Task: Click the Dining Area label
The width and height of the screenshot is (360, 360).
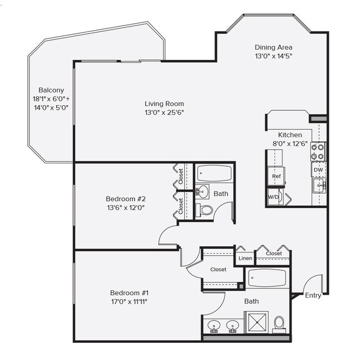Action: click(x=273, y=48)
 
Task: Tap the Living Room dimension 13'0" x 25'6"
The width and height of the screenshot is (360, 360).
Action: click(x=164, y=112)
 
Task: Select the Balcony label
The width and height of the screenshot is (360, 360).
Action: click(x=52, y=90)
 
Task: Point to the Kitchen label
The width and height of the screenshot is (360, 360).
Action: click(x=290, y=135)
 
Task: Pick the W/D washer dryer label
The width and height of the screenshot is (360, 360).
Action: click(x=274, y=197)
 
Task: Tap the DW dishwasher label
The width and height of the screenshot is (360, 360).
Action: click(x=318, y=170)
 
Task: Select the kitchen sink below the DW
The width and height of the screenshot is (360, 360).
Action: click(x=318, y=186)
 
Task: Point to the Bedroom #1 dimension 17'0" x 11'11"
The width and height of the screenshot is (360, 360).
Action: click(x=128, y=301)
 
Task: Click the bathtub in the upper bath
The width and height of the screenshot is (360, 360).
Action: click(x=214, y=173)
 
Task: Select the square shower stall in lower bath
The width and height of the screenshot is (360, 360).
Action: click(x=256, y=323)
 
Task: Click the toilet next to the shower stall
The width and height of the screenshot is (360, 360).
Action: click(x=280, y=322)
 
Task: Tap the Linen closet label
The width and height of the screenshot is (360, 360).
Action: click(x=245, y=259)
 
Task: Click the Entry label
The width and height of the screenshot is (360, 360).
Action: click(x=313, y=295)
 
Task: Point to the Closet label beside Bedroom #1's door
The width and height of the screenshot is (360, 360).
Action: click(x=218, y=270)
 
